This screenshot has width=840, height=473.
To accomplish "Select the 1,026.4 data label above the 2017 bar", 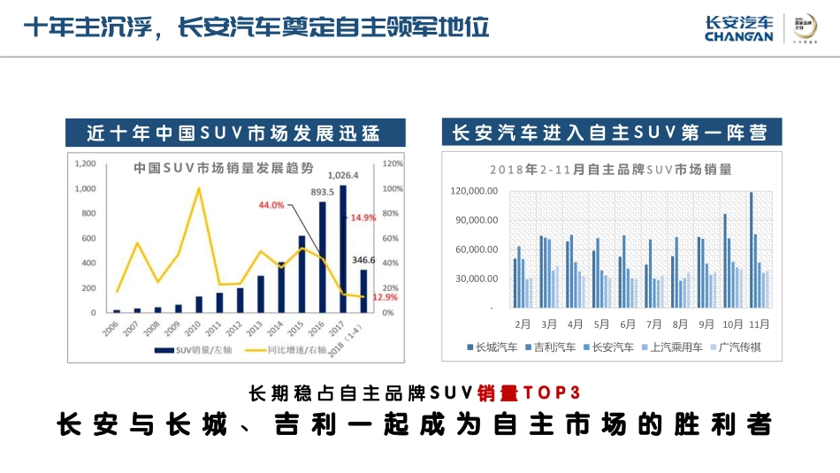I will (x=343, y=175).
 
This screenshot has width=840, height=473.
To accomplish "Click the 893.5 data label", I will (x=322, y=192).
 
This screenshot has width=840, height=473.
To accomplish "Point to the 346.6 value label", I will (x=363, y=261).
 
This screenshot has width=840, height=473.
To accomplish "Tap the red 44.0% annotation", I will (x=271, y=205).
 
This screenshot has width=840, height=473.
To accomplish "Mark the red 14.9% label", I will (x=363, y=217).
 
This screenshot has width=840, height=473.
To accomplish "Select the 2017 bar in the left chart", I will (x=343, y=248).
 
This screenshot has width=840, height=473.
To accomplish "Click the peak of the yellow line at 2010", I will (x=199, y=188).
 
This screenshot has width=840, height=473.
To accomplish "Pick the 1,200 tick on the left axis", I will (x=85, y=164).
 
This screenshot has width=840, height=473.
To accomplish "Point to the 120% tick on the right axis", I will (x=393, y=164).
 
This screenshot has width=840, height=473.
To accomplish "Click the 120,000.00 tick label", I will (x=475, y=191).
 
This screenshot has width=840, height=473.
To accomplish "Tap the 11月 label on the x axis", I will (x=760, y=324).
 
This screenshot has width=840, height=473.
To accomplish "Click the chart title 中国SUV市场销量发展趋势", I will (x=224, y=167).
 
